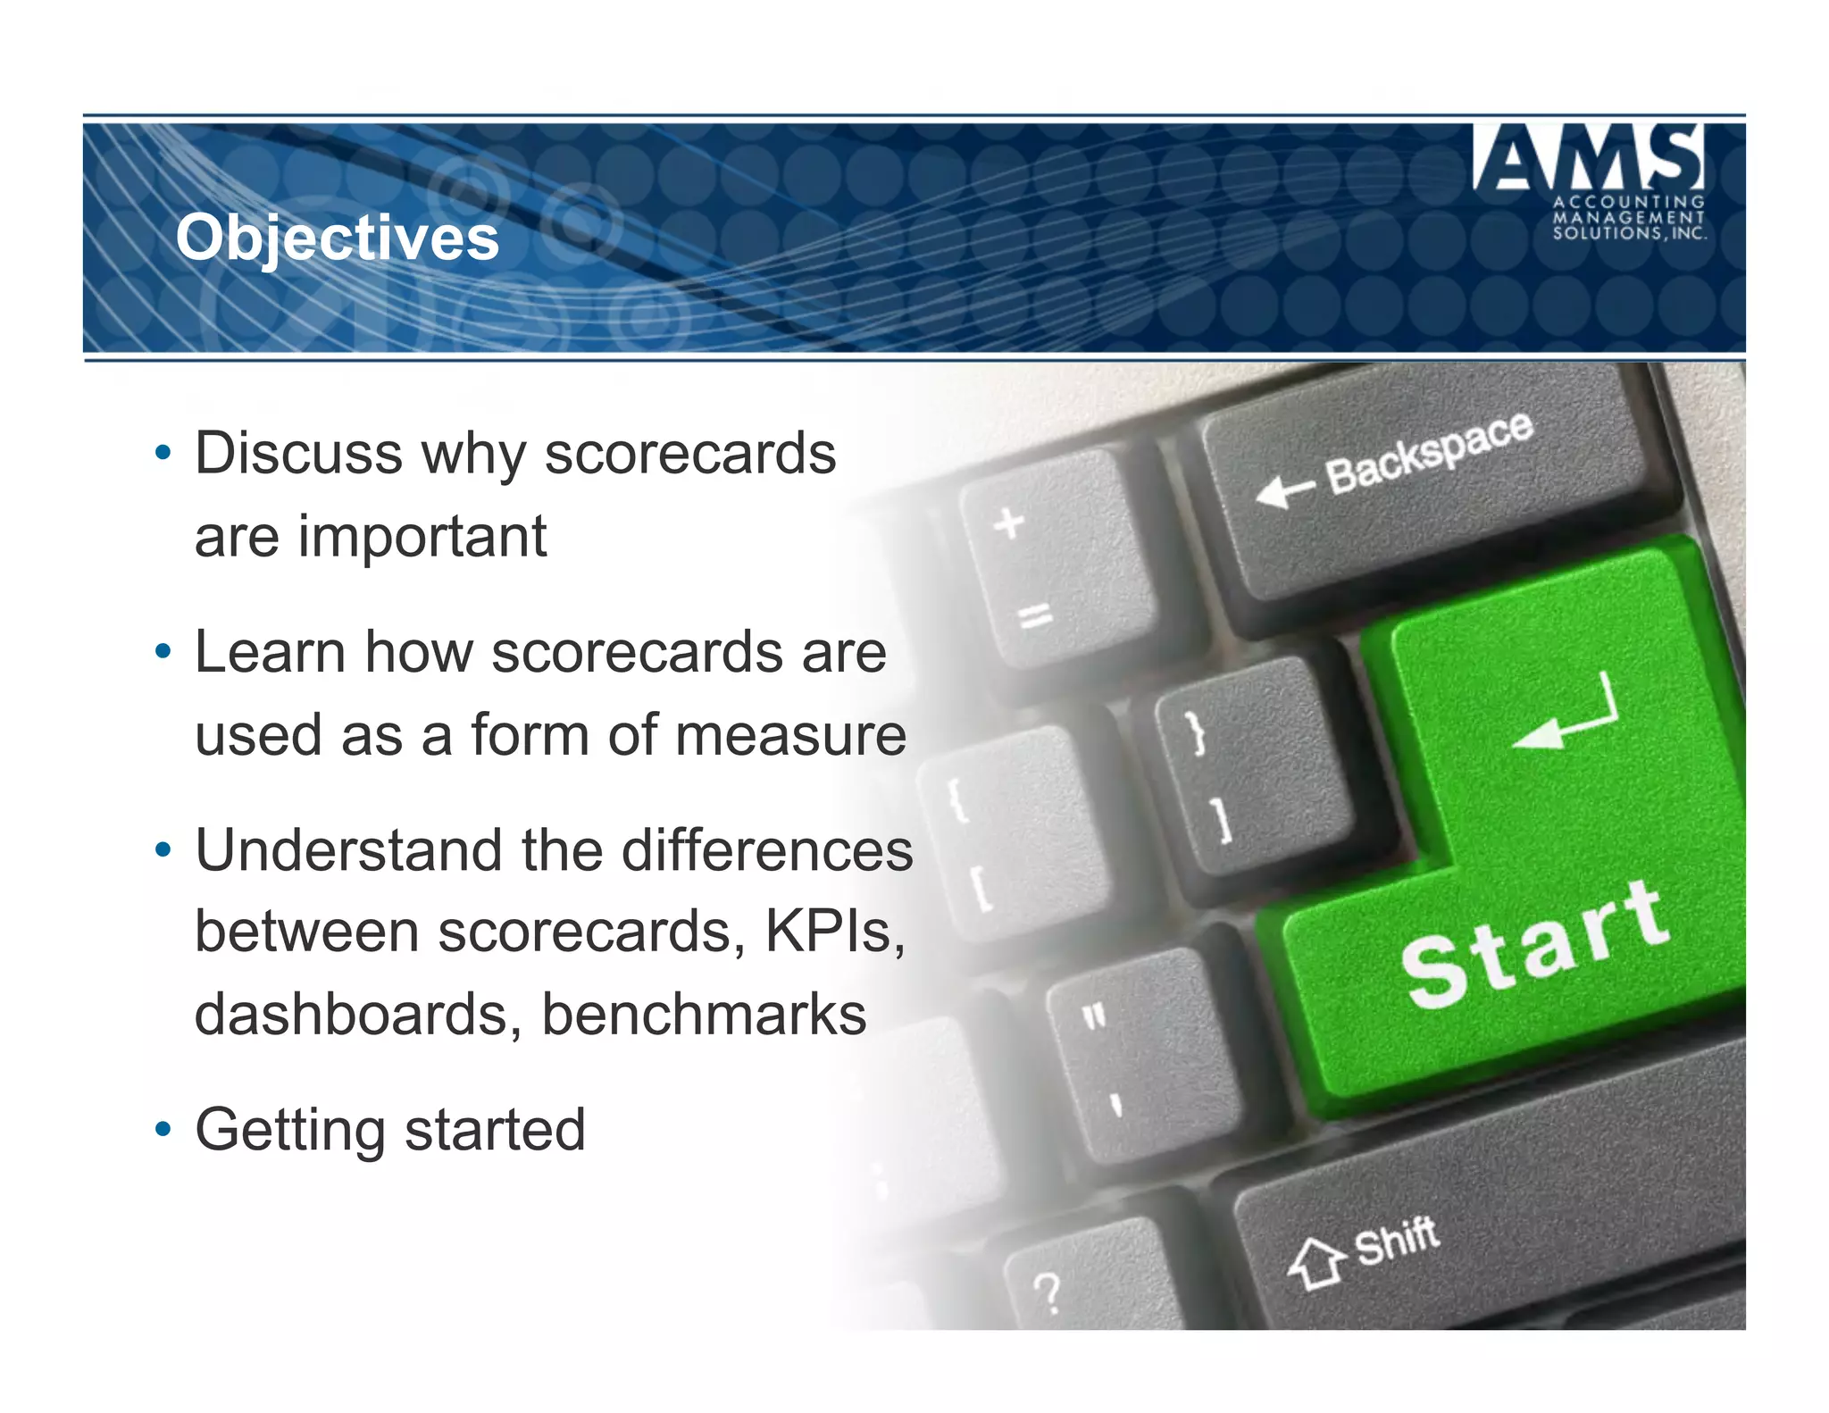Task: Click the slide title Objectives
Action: (x=337, y=238)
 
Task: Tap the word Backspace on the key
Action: (x=1429, y=453)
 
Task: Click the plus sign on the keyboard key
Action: (x=1009, y=523)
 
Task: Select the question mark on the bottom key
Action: (x=1047, y=1292)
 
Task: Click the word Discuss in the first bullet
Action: (x=298, y=453)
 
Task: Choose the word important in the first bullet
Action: (x=422, y=536)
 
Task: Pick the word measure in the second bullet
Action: (x=790, y=735)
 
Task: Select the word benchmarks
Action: (x=704, y=1015)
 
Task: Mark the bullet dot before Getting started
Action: (x=163, y=1129)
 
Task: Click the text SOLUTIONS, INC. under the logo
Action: (x=1629, y=233)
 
